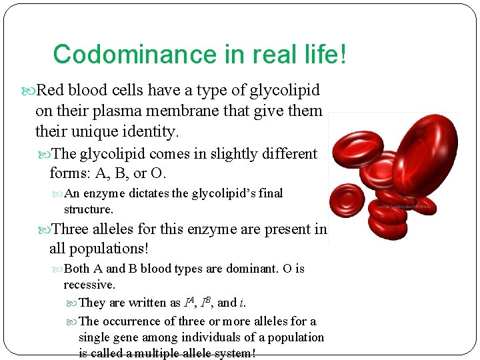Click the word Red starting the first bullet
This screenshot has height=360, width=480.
point(51,90)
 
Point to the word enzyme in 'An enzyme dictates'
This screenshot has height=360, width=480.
point(103,193)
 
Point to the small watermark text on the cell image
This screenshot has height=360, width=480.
point(406,207)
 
